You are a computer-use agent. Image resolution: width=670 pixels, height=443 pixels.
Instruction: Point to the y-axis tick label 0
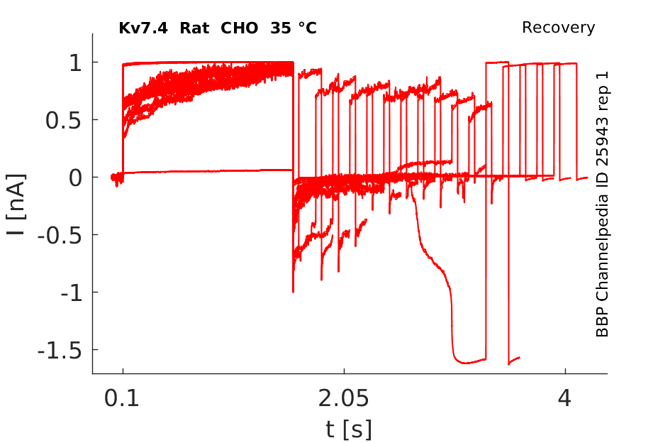click(73, 177)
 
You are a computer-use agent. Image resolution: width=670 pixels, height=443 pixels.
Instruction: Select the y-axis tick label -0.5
click(57, 235)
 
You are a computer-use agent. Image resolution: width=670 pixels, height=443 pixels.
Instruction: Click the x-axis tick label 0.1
click(123, 398)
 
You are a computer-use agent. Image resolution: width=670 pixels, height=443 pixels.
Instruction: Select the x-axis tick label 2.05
click(344, 398)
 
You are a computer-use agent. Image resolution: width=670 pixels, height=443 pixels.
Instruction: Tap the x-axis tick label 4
click(564, 398)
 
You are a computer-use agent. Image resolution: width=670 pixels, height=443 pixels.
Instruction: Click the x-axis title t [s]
click(348, 429)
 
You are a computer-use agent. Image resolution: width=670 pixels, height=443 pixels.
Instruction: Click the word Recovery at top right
click(558, 28)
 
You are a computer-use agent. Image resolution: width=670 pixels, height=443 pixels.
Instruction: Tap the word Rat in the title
click(193, 28)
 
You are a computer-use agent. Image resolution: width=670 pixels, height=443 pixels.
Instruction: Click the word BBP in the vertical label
click(603, 324)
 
